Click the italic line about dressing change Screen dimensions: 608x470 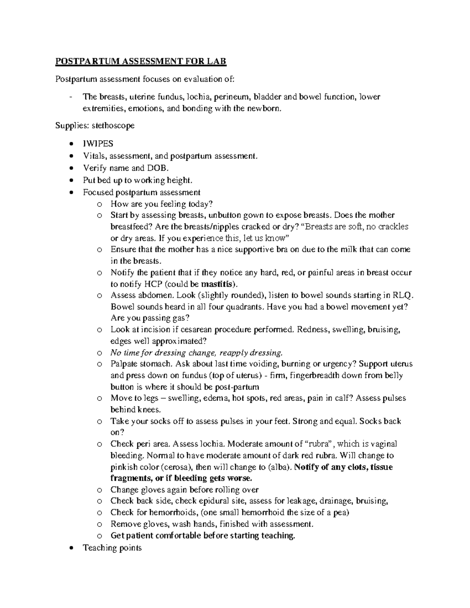coord(196,352)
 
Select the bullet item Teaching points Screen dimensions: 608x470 coord(112,548)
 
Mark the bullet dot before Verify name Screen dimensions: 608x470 coord(71,168)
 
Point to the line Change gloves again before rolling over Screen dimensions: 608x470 coord(184,490)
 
